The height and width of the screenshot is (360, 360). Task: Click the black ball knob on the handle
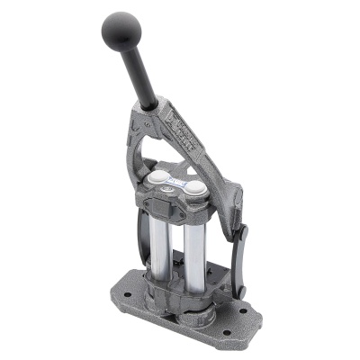tap(121, 31)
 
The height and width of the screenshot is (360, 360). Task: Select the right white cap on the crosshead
tap(194, 188)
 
